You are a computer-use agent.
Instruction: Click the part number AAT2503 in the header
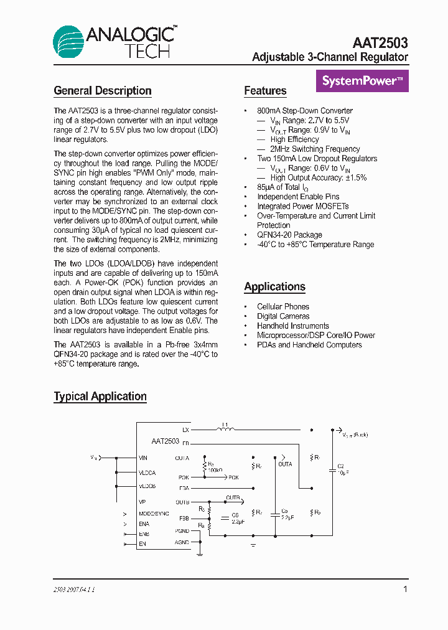[x=380, y=43]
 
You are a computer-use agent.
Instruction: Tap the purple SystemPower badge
[x=362, y=81]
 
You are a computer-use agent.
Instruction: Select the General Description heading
[x=103, y=91]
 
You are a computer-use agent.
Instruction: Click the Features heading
[x=265, y=91]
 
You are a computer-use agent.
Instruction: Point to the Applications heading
[x=274, y=287]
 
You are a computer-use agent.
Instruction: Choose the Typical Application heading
[x=100, y=397]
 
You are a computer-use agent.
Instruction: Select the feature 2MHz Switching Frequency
[x=315, y=149]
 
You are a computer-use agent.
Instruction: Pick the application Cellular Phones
[x=283, y=306]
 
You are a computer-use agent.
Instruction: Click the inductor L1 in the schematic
[x=225, y=428]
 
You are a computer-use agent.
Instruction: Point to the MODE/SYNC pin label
[x=154, y=514]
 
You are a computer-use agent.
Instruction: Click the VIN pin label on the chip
[x=143, y=458]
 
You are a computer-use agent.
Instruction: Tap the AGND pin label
[x=182, y=542]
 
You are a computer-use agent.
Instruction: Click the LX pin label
[x=185, y=430]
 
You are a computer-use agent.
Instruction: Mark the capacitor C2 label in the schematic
[x=340, y=466]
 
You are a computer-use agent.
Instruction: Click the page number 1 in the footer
[x=405, y=589]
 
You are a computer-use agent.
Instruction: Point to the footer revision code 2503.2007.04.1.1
[x=74, y=589]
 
